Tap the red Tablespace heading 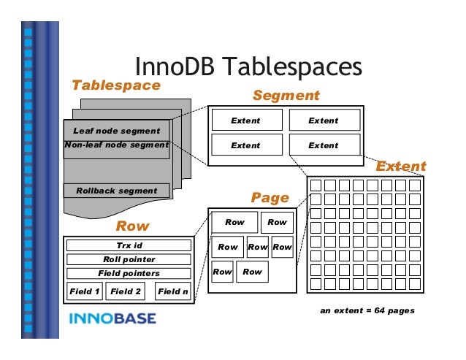pos(115,85)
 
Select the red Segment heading pos(286,96)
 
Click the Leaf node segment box pos(117,131)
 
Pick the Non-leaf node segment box pos(117,145)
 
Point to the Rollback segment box pos(117,191)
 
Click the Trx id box pos(129,245)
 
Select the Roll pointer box pos(129,259)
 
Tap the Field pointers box pos(129,273)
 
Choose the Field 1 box pos(85,291)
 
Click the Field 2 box pos(126,291)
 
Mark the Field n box pos(173,291)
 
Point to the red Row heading pos(132,227)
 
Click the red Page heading pos(270,197)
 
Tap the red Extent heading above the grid pos(400,166)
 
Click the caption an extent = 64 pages pos(367,310)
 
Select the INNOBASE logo pos(112,318)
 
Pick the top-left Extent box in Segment pos(245,120)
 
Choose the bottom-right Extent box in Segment pos(323,145)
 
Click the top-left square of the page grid pos(316,185)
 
